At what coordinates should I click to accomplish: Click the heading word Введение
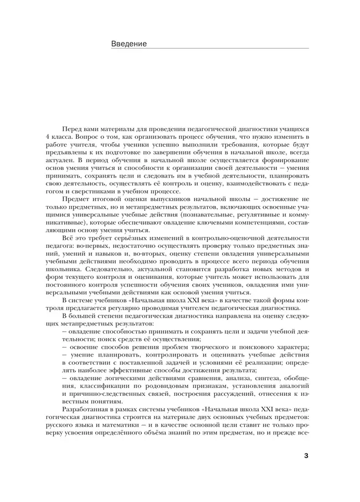point(129,44)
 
